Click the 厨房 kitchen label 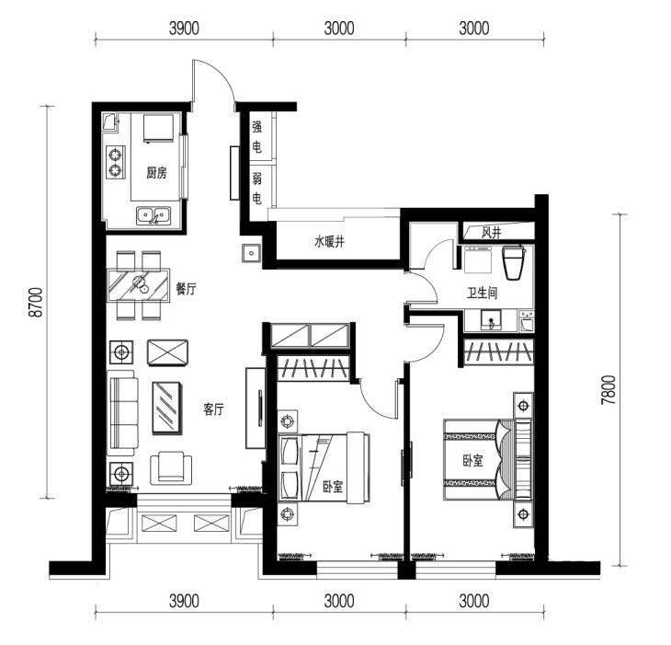pyautogui.click(x=156, y=173)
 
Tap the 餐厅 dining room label pyautogui.click(x=187, y=289)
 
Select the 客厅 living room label pyautogui.click(x=213, y=409)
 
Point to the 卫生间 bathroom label pyautogui.click(x=482, y=294)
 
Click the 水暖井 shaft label pyautogui.click(x=329, y=242)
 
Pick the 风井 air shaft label pyautogui.click(x=491, y=233)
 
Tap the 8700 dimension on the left pyautogui.click(x=36, y=302)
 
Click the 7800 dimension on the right pyautogui.click(x=608, y=390)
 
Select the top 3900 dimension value pyautogui.click(x=185, y=29)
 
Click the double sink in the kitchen pyautogui.click(x=154, y=215)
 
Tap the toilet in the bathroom pyautogui.click(x=514, y=262)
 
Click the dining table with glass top pyautogui.click(x=139, y=285)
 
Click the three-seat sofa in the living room pyautogui.click(x=122, y=413)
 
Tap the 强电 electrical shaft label pyautogui.click(x=256, y=137)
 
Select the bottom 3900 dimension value pyautogui.click(x=185, y=601)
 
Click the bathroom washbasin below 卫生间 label pyautogui.click(x=491, y=320)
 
